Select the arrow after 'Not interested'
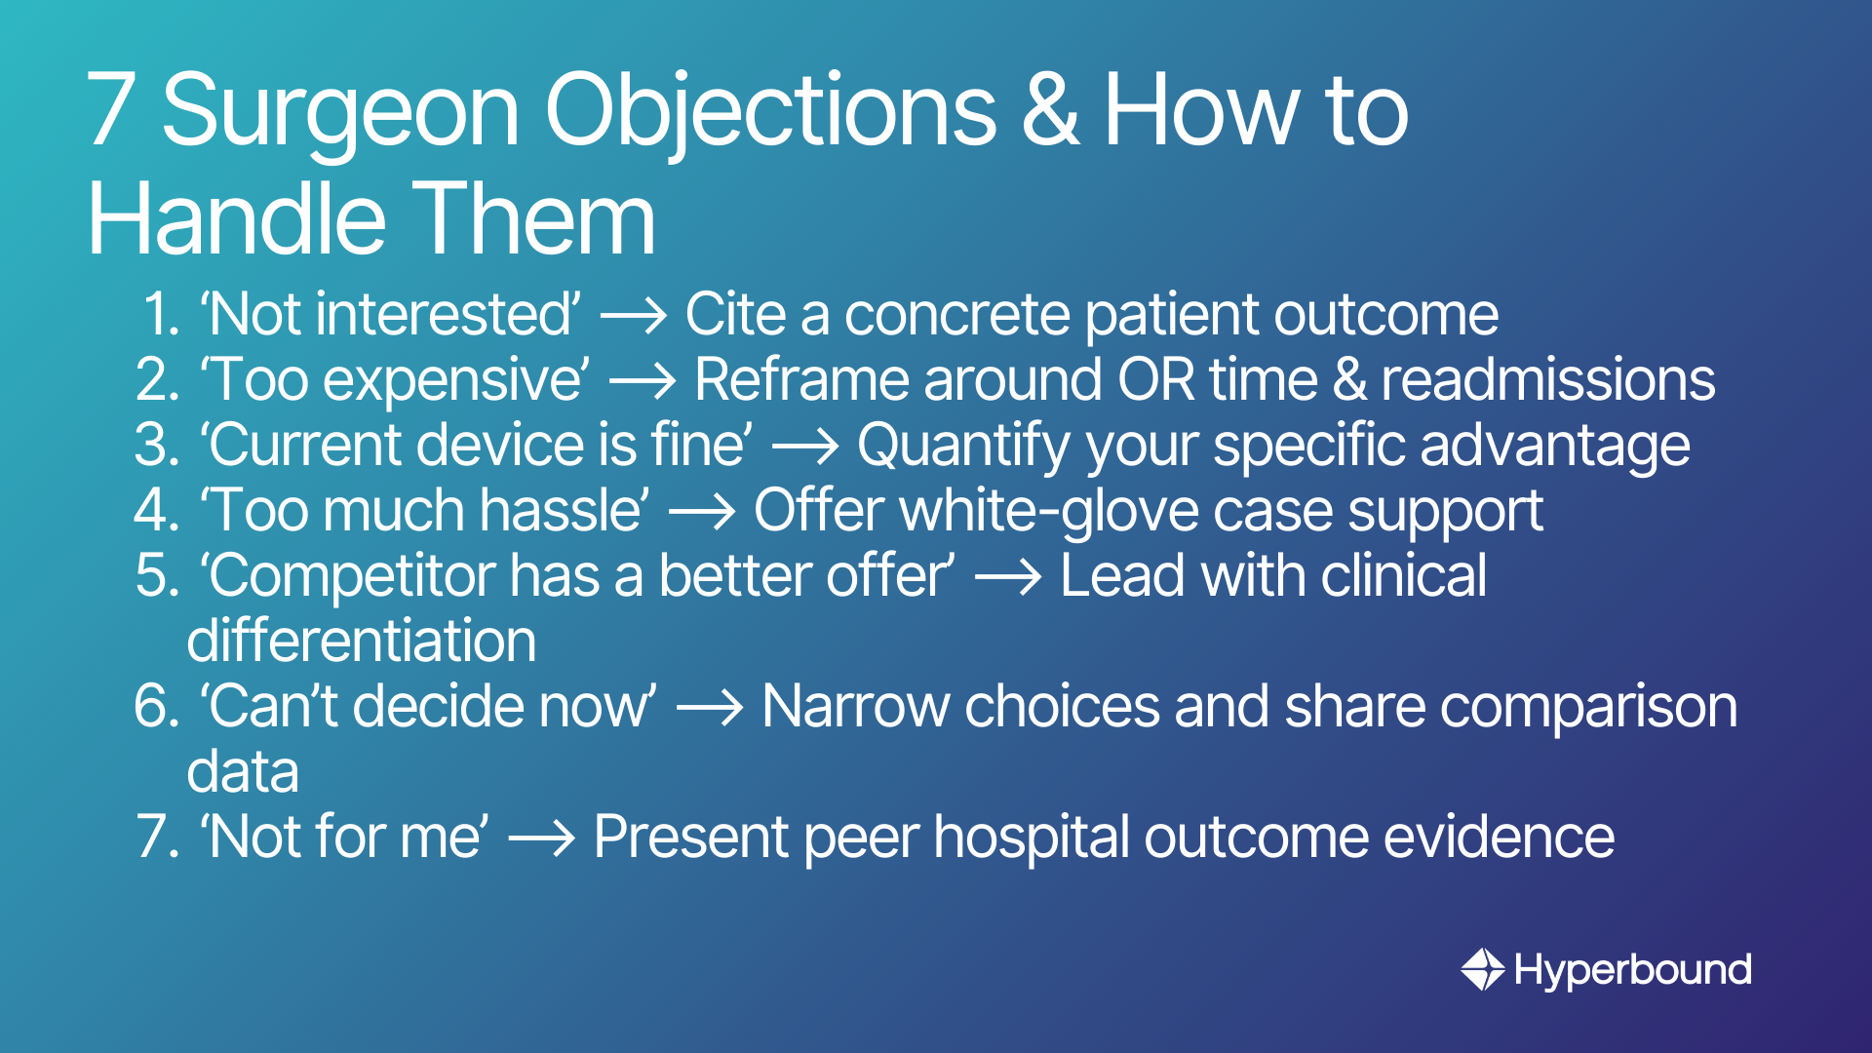[634, 316]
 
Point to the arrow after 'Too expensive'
[643, 381]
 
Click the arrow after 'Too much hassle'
[702, 512]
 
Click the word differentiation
[362, 641]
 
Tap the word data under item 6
[243, 771]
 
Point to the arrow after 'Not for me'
[542, 838]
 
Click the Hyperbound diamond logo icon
[1483, 970]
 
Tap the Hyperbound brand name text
[1633, 971]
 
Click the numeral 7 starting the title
[110, 110]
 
